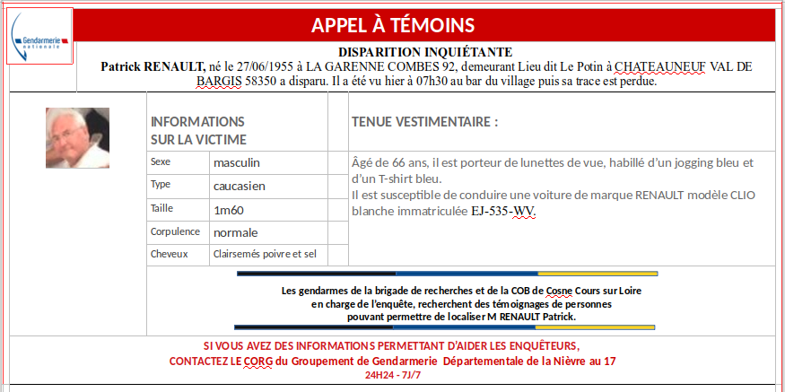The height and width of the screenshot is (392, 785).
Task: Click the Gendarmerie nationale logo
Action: coord(39,37)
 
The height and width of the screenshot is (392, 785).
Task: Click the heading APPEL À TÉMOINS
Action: coord(393,25)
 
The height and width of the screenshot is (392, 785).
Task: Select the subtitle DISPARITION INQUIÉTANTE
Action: coord(425,52)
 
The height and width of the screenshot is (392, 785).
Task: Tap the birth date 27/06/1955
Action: coord(266,66)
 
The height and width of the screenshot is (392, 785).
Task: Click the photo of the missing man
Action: coord(77,138)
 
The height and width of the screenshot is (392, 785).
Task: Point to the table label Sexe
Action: coord(161,162)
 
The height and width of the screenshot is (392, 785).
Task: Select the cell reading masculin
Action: coord(237,162)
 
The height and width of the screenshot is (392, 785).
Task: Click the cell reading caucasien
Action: coord(240,186)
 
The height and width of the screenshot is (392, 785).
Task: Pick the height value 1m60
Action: coord(230,209)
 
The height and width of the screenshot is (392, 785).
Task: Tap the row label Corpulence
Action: coord(175,231)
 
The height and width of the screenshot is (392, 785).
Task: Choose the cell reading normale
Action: coord(235,231)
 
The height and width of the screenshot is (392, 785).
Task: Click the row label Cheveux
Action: coord(170,254)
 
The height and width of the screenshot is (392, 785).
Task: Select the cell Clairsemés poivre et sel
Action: coord(265,254)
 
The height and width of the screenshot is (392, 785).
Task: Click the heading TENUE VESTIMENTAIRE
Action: coord(424,121)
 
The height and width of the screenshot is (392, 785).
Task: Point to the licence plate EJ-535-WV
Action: coord(502,212)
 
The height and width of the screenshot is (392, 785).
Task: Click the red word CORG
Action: coord(259,361)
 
